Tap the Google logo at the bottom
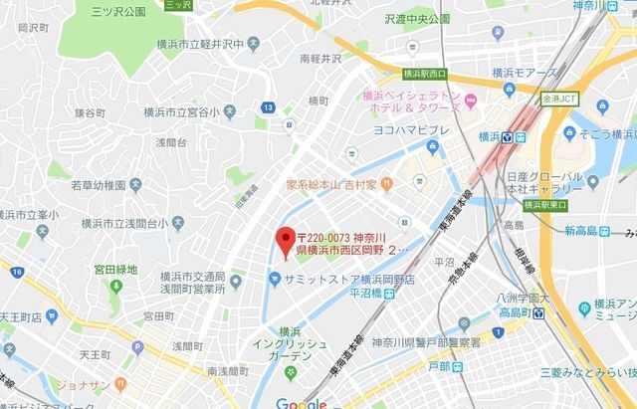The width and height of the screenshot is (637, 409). [301, 402]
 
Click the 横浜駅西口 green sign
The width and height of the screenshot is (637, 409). [425, 74]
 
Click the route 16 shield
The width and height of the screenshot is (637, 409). [17, 272]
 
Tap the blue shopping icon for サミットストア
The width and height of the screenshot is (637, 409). [273, 279]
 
